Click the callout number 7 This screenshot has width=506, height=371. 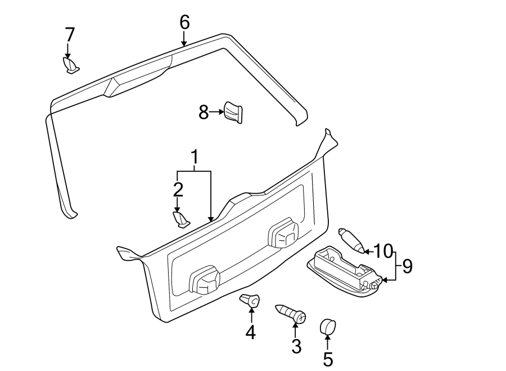[70, 35]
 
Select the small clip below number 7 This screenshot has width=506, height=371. [71, 66]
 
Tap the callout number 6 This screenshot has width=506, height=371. [184, 22]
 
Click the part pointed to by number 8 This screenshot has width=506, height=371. [233, 112]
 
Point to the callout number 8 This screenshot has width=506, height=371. [204, 112]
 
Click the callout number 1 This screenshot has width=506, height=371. [194, 159]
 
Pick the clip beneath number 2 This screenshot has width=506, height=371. [180, 219]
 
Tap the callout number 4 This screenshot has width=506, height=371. [251, 332]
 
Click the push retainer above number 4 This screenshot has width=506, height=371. [250, 300]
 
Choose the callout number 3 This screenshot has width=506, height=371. [296, 346]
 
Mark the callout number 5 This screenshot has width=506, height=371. [328, 358]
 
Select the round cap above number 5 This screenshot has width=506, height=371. [327, 326]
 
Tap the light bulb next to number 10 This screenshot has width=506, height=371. [351, 240]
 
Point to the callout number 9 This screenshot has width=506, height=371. [407, 265]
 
